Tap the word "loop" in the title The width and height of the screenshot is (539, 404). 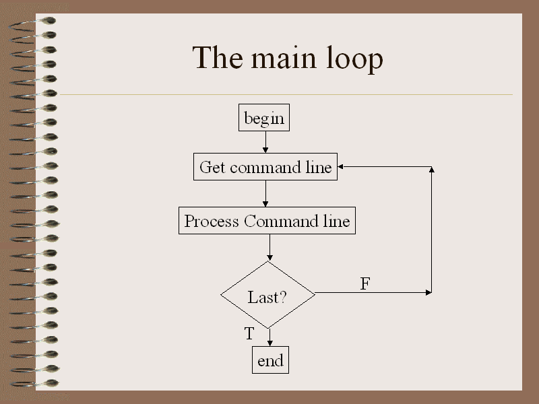pos(354,60)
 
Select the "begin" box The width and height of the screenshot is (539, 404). pos(264,119)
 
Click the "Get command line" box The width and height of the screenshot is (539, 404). pos(265,167)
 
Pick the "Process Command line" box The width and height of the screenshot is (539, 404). pos(267,221)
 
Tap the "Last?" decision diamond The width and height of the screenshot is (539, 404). pos(268,294)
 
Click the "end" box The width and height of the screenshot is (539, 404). pos(270,360)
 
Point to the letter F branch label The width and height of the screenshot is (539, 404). pos(364,284)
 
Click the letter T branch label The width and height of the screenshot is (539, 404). pos(249,333)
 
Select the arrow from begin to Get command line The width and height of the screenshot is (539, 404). pos(265,143)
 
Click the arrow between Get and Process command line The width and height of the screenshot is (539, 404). pos(265,194)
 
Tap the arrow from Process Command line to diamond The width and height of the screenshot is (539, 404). pos(269,248)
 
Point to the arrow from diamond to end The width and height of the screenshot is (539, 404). pos(269,337)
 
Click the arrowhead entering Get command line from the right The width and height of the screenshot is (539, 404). pos(342,166)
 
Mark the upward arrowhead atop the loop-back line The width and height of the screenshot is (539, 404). pos(431,170)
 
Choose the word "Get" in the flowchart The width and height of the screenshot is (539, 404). pos(212,167)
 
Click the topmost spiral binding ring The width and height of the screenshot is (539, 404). pos(34,22)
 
